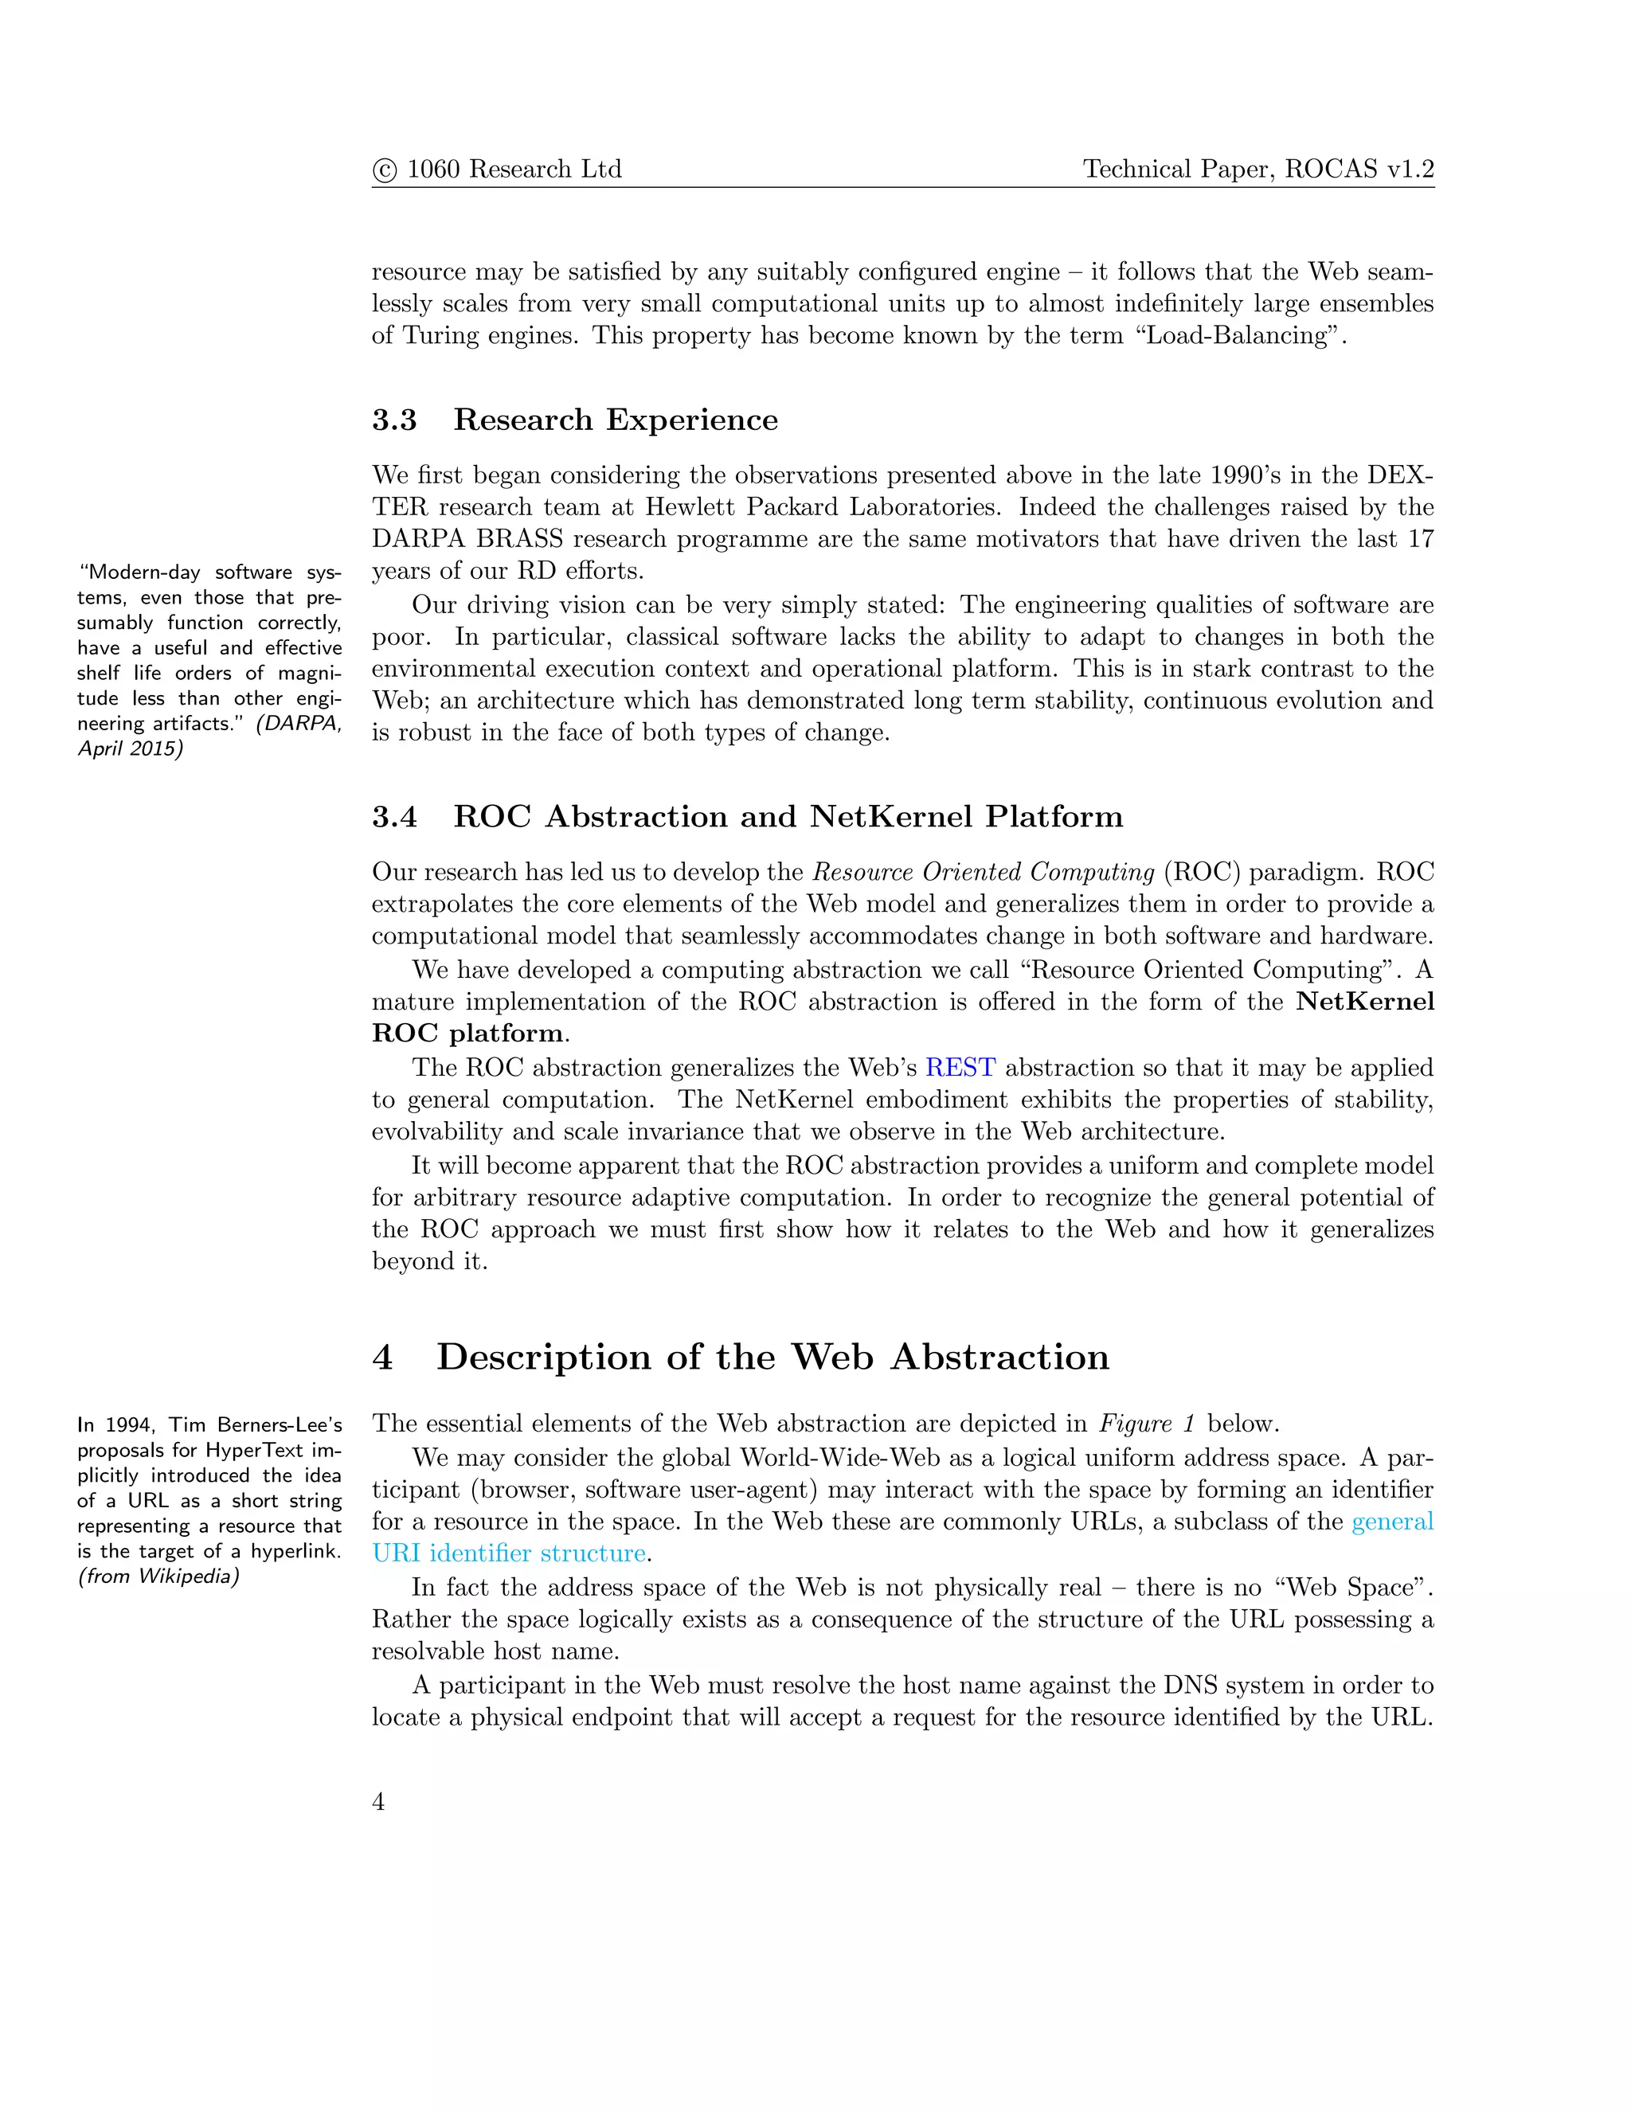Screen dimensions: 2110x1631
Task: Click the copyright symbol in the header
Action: tap(384, 171)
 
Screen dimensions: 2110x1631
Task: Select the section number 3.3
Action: tap(394, 420)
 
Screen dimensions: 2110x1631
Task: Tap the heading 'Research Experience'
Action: tap(616, 420)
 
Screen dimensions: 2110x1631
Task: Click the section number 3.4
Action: tap(394, 818)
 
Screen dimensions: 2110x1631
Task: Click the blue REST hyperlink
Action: tap(960, 1068)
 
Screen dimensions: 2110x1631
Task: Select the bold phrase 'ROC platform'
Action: tap(468, 1034)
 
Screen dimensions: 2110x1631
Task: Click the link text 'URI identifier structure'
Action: tap(508, 1553)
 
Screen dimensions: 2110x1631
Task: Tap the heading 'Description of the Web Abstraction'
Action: tap(772, 1358)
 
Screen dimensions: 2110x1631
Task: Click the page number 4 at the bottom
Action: tap(379, 1802)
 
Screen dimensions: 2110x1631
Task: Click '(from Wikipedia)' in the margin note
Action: tap(158, 1577)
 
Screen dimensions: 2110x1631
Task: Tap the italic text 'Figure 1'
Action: tap(1147, 1424)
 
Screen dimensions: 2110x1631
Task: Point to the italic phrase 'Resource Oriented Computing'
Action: tap(983, 873)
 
